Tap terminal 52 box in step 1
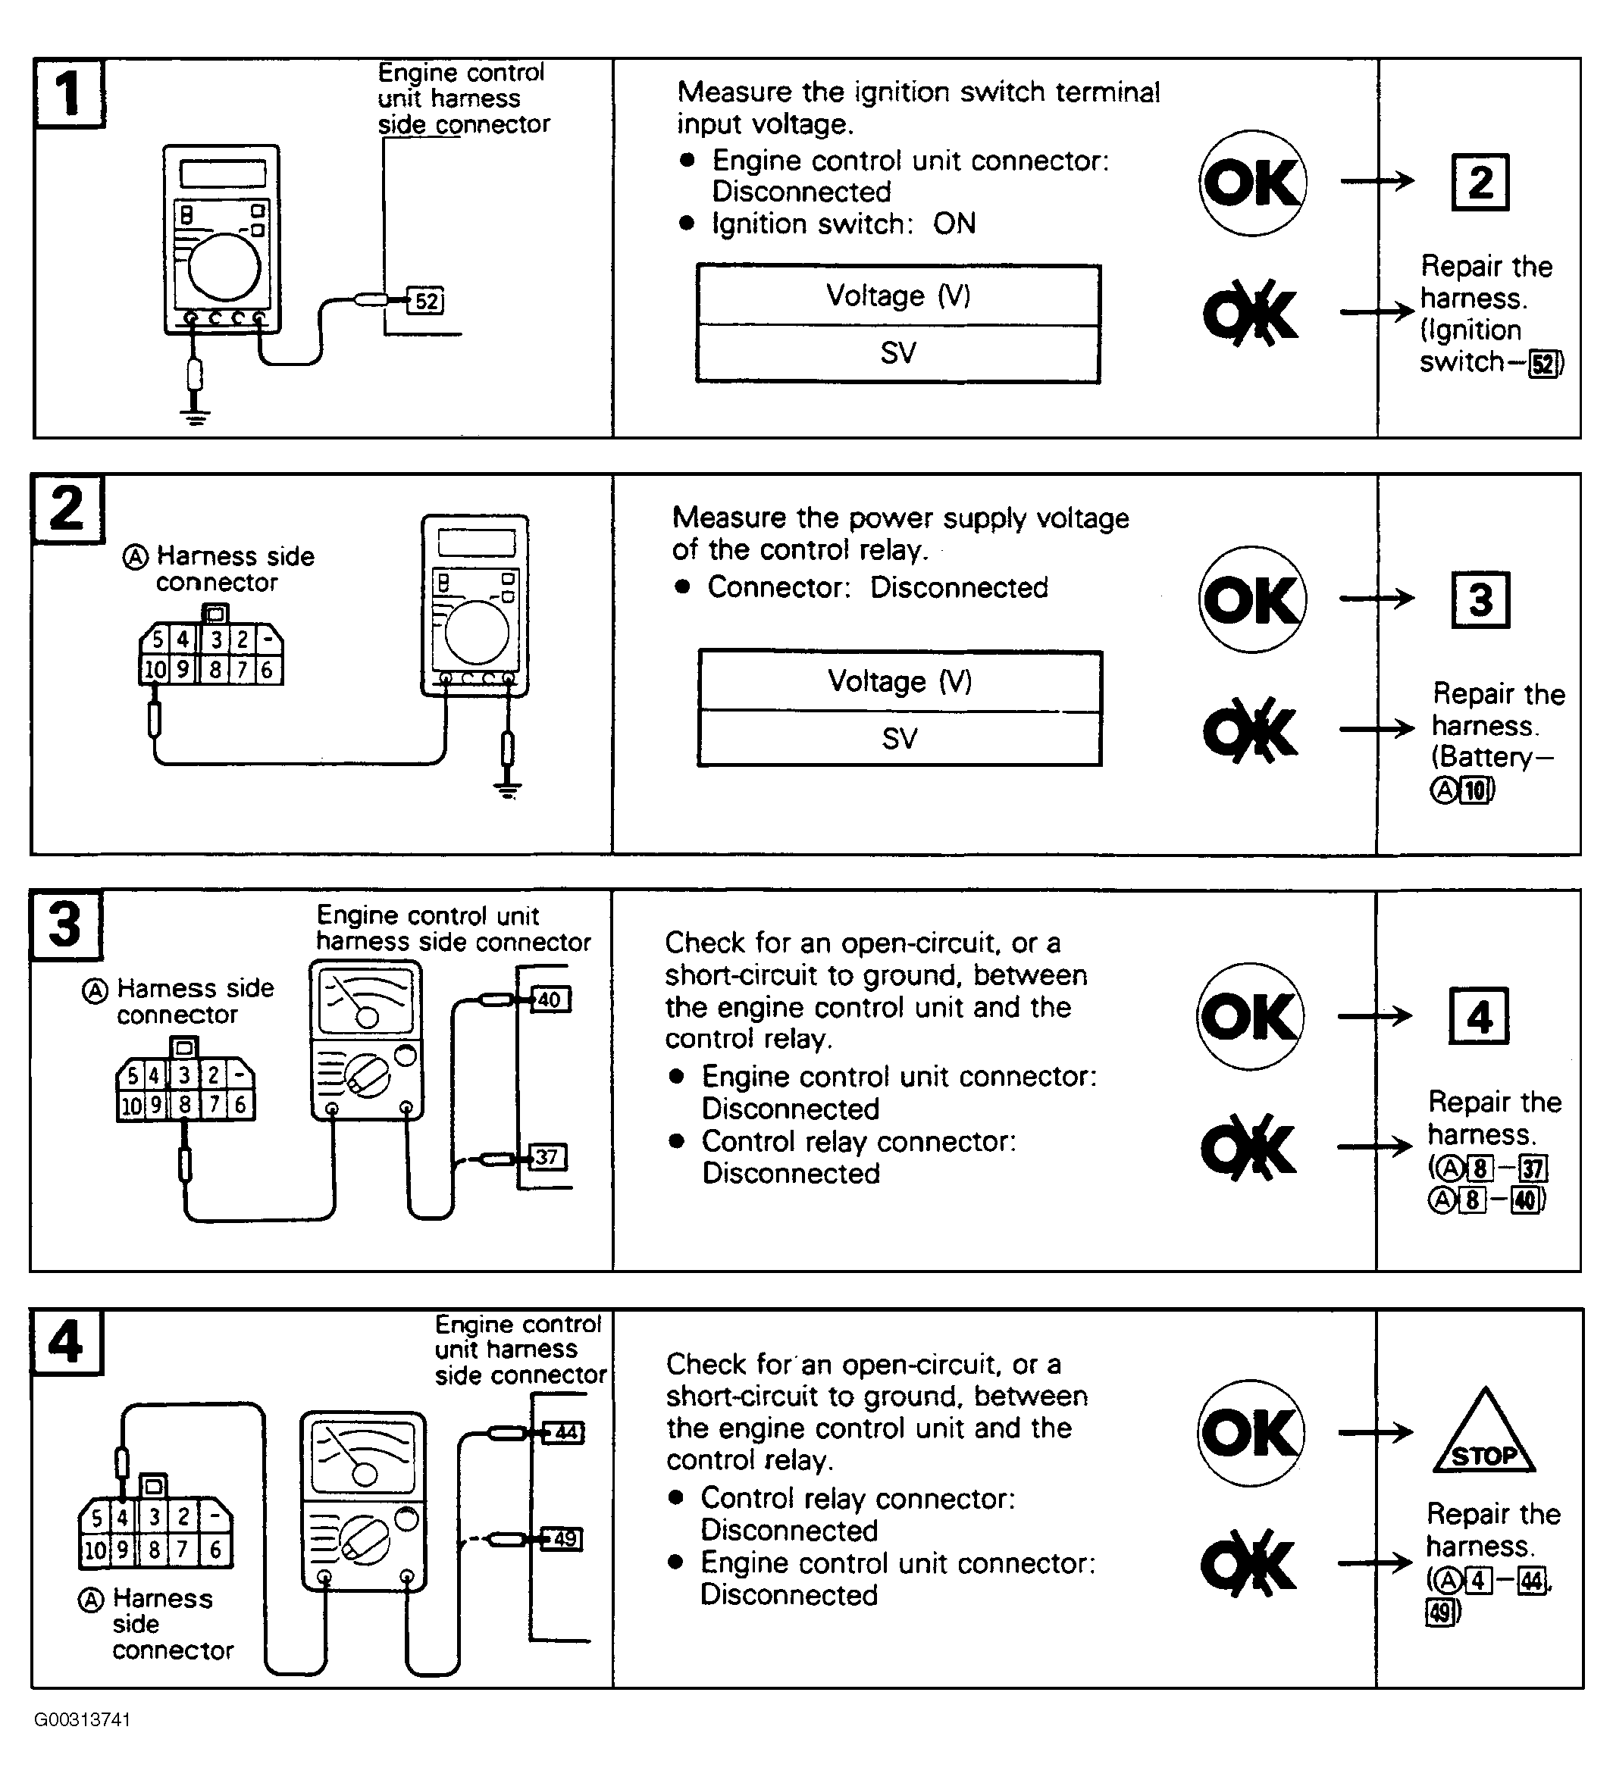tap(425, 301)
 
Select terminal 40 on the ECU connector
tap(550, 999)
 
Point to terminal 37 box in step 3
tap(547, 1157)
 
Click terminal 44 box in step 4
tap(565, 1432)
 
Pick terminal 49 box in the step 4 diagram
tap(564, 1539)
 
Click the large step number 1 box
tap(69, 93)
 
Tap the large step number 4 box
tap(67, 1342)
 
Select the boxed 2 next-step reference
tap(1480, 182)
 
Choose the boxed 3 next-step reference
tap(1480, 599)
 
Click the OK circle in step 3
tap(1250, 1016)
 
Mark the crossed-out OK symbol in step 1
tap(1249, 313)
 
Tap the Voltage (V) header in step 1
tap(898, 296)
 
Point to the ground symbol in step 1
tap(195, 416)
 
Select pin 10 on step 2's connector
tap(155, 670)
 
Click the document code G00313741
tap(83, 1719)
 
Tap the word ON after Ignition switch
tap(954, 224)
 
